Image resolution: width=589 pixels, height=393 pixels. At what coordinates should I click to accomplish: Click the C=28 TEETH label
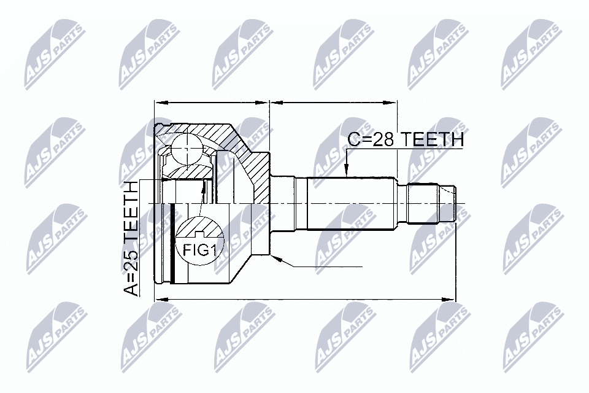tap(405, 140)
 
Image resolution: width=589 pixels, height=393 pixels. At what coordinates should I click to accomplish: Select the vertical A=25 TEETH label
tap(131, 239)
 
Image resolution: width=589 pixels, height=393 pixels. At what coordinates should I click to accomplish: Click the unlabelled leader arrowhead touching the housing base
tap(275, 260)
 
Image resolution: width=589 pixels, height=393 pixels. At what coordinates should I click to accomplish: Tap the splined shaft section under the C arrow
tap(350, 203)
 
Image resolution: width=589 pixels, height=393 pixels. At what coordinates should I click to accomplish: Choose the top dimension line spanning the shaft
tap(333, 103)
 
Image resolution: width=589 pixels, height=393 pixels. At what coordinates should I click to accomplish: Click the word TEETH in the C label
tap(433, 140)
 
